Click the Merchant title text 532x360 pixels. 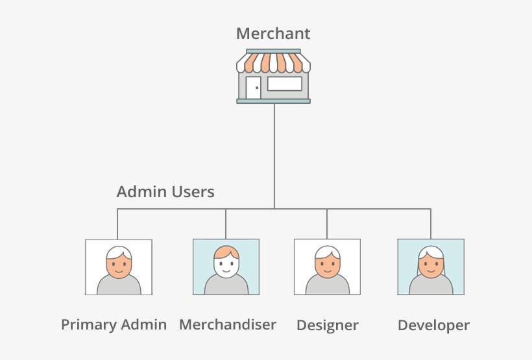[273, 33]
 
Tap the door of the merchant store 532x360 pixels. [253, 87]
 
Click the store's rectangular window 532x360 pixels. [284, 84]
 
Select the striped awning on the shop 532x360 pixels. [273, 63]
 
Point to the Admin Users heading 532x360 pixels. [165, 192]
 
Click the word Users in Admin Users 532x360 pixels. [193, 192]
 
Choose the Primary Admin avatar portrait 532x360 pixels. [119, 267]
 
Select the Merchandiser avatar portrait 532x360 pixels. [226, 267]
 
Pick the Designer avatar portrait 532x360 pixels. [327, 267]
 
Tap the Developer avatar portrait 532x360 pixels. [430, 267]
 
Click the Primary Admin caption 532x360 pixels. [114, 324]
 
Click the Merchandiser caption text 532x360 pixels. [228, 324]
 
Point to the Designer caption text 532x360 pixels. [328, 325]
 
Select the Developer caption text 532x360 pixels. [433, 325]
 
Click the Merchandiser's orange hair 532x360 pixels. [226, 252]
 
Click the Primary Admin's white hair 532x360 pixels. [119, 252]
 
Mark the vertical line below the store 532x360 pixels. [274, 156]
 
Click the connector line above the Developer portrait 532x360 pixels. [430, 224]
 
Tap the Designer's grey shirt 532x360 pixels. [327, 287]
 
